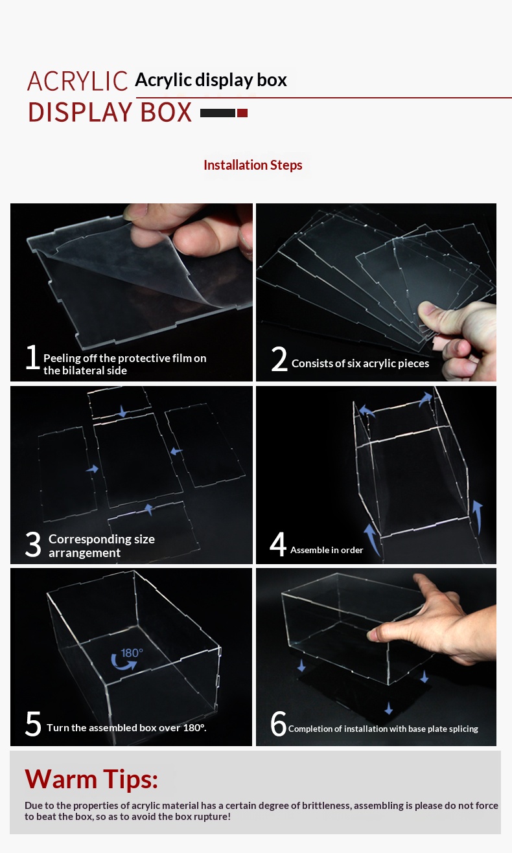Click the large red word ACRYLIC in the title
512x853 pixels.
[77, 81]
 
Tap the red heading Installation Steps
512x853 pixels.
[253, 165]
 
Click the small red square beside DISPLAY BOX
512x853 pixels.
[242, 113]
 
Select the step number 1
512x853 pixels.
[32, 356]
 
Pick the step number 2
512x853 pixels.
[279, 358]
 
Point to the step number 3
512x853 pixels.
[33, 545]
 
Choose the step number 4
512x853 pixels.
[278, 544]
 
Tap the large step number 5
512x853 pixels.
[33, 723]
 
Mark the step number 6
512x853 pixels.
[278, 723]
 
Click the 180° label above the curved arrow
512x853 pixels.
[132, 653]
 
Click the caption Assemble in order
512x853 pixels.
[327, 550]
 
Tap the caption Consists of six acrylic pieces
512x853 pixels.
[360, 363]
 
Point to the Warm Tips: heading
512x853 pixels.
[91, 779]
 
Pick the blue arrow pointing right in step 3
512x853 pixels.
[92, 469]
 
